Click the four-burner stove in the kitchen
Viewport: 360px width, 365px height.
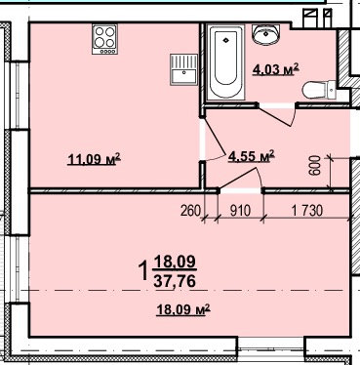104,39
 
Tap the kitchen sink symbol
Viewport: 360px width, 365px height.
183,69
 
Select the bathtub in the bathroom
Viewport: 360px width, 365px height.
226,62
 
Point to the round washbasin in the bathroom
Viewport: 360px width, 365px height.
266,34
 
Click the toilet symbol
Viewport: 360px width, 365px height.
319,90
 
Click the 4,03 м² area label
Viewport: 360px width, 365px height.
275,69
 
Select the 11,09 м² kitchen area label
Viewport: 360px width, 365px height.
94,159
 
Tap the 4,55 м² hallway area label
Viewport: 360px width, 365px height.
252,156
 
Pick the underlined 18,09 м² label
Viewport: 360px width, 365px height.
183,309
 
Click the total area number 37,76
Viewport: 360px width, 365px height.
175,281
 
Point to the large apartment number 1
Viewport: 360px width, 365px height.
143,271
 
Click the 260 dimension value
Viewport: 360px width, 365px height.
190,211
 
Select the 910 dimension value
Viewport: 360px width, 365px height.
240,211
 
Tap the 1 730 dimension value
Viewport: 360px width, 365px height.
307,211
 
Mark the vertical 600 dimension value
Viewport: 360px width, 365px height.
315,166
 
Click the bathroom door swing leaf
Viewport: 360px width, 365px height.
276,115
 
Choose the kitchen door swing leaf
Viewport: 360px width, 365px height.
215,136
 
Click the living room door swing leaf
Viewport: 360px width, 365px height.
238,178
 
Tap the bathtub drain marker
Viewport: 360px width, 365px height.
226,40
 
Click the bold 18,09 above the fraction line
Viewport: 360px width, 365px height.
175,262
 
